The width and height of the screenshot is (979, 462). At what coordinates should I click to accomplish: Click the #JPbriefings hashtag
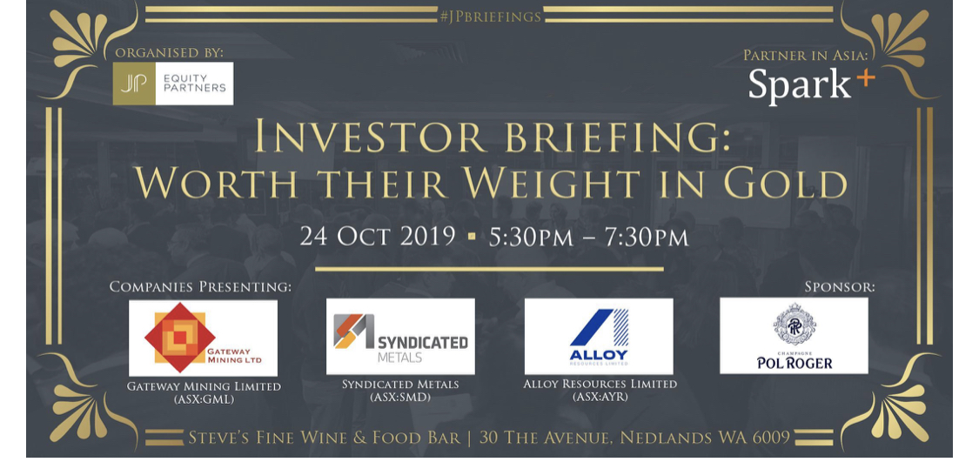(x=490, y=17)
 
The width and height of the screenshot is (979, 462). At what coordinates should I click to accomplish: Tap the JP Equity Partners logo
(x=173, y=83)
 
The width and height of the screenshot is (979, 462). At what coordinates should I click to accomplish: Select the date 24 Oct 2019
(x=378, y=238)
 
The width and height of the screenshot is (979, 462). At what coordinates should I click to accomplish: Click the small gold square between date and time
(x=472, y=238)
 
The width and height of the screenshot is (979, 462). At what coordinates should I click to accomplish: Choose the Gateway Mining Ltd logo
(x=203, y=338)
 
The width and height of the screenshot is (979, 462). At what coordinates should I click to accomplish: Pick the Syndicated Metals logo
(x=400, y=336)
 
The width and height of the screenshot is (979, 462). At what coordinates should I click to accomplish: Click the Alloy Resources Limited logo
(x=598, y=336)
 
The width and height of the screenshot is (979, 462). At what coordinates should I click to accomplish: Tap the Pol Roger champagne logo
(x=794, y=336)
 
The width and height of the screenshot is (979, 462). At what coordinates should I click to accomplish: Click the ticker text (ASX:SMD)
(x=400, y=397)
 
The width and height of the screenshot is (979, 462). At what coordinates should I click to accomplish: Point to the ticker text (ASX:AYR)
(x=600, y=397)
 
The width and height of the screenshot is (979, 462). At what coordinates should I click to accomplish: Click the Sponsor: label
(x=840, y=287)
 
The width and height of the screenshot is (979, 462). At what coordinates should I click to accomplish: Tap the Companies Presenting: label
(x=200, y=287)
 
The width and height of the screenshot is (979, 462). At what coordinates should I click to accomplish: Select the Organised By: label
(x=169, y=54)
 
